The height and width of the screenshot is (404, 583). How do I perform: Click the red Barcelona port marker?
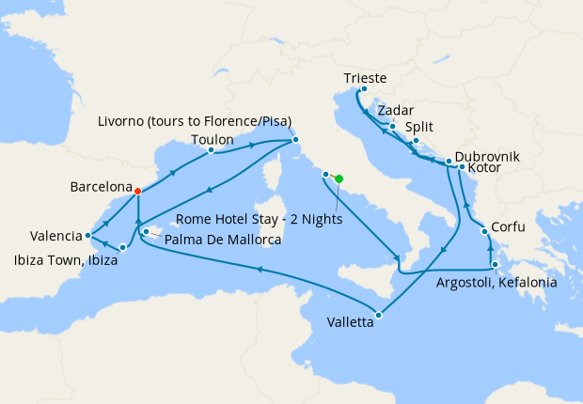point(138,191)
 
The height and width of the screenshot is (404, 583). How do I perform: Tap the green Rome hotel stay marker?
point(339,179)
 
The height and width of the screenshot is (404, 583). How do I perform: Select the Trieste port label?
point(366,78)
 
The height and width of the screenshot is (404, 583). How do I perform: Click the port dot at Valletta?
point(378,315)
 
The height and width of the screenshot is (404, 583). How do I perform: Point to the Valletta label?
point(350,321)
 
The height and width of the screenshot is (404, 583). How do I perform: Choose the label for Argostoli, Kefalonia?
point(497,282)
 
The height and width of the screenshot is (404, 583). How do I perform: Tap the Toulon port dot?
point(211,149)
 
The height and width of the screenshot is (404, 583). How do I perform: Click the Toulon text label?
point(212,139)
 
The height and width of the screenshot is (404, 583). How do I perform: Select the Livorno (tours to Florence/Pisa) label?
point(195,121)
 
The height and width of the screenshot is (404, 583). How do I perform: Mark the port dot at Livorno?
point(295,141)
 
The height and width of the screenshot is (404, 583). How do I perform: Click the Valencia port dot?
point(87,235)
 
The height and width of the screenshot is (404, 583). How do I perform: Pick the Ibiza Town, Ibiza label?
point(65,260)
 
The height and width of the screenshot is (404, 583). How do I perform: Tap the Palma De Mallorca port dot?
point(146,231)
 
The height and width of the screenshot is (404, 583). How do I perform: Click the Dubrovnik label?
point(486,157)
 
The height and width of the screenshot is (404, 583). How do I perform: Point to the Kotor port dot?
point(462,167)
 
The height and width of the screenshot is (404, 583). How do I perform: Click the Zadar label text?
point(395,110)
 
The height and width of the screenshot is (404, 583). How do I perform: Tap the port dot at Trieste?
point(363,90)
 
